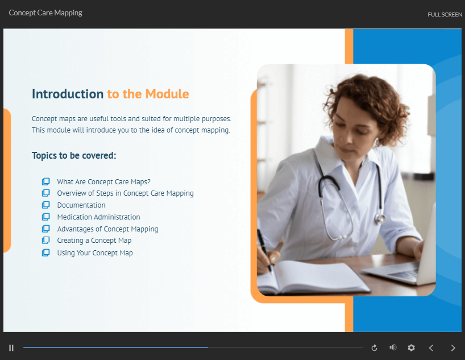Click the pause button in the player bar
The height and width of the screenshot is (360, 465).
coord(11,347)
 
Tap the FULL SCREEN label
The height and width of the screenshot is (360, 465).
coord(445,15)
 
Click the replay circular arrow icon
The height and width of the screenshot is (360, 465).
coord(374,347)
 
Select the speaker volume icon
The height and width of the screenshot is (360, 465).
coord(393,347)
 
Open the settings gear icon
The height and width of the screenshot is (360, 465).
coord(411,347)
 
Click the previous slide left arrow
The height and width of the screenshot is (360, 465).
coord(431,348)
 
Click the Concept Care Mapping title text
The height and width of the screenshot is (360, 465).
coord(45,13)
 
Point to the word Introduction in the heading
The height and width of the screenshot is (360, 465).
coord(68,94)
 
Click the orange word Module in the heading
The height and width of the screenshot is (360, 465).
coord(167,94)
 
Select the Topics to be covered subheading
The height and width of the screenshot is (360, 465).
coord(74,155)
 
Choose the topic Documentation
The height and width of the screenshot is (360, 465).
coord(81,205)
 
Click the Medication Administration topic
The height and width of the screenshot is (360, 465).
coord(98,217)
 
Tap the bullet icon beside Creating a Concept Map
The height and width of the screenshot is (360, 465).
coord(45,240)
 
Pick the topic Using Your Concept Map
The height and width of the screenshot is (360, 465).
coord(95,253)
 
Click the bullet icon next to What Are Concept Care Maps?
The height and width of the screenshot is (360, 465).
coord(45,181)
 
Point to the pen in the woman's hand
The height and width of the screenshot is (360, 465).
coord(264,251)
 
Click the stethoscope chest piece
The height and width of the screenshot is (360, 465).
coord(380,218)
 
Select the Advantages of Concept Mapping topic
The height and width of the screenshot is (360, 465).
coord(107,229)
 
